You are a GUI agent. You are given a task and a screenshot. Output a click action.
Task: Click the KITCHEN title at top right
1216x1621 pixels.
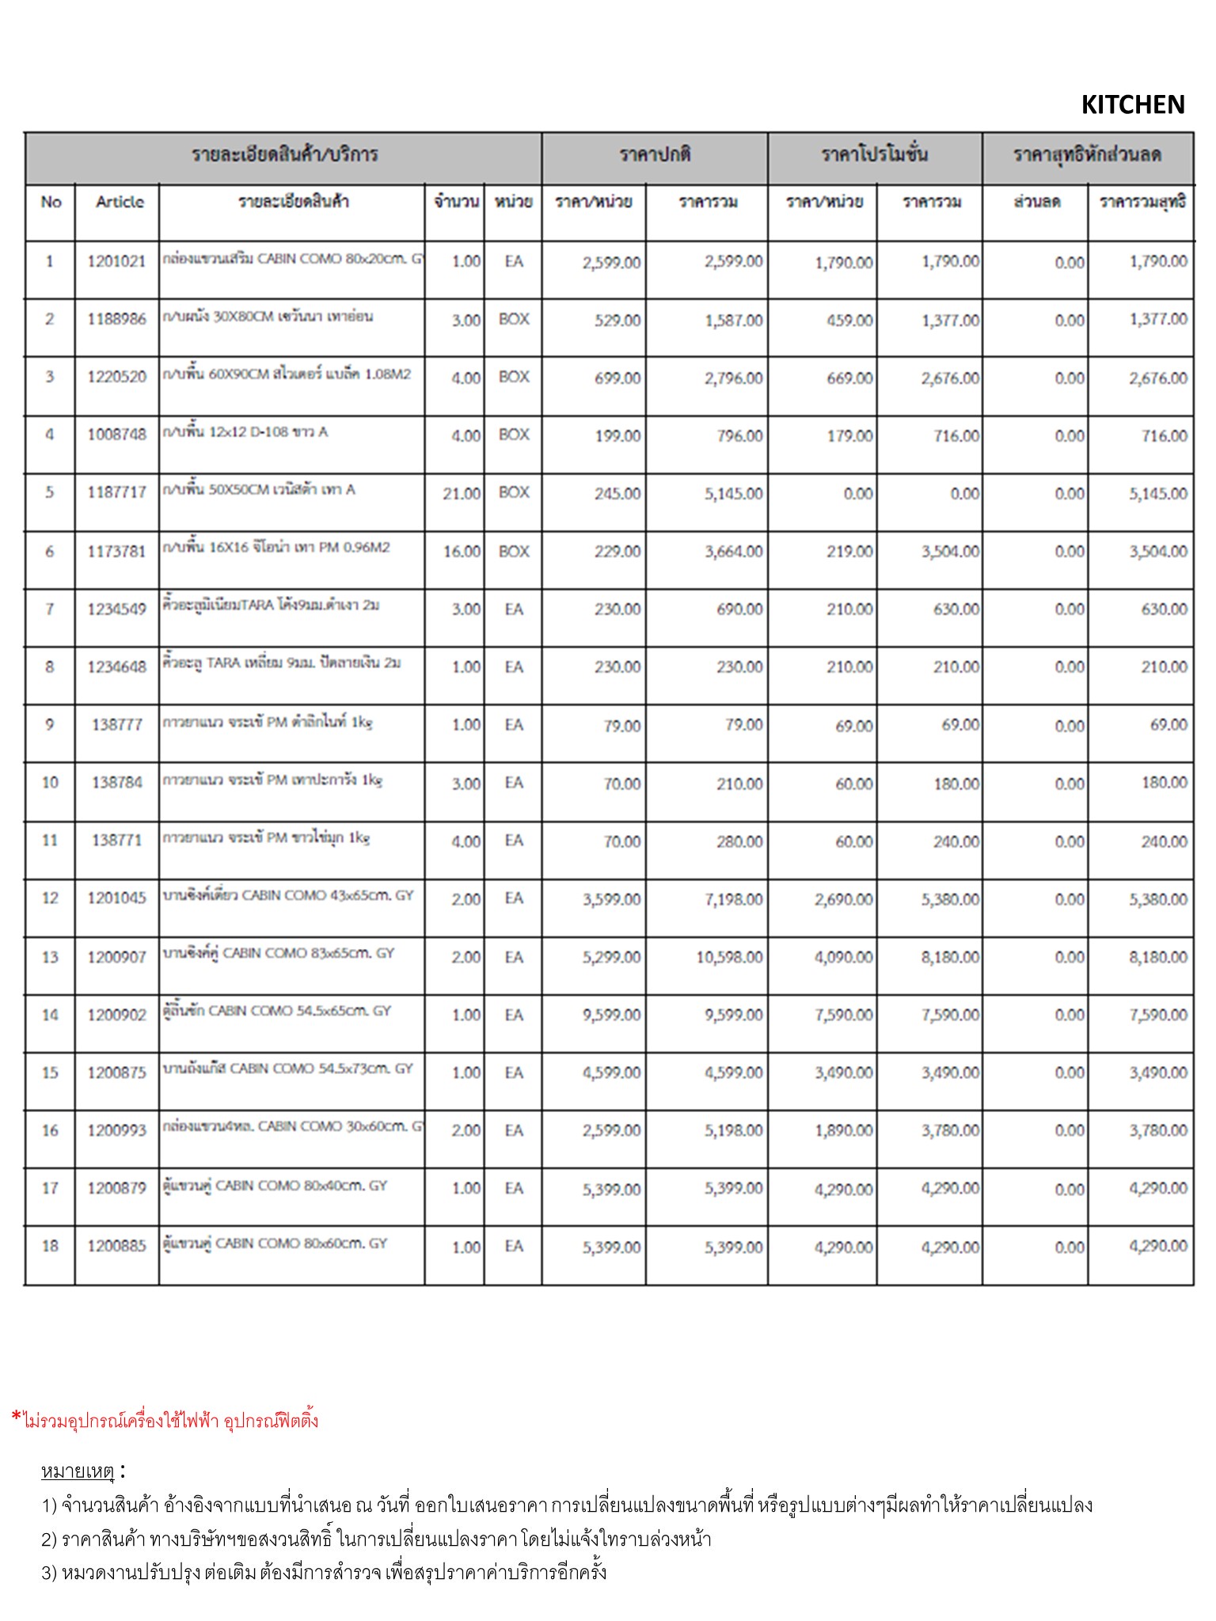[1132, 104]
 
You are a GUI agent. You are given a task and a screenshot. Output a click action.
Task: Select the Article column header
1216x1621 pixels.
[120, 202]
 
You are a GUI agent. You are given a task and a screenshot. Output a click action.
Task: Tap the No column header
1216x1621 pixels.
[51, 202]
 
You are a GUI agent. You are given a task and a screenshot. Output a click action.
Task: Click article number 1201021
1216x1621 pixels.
[116, 261]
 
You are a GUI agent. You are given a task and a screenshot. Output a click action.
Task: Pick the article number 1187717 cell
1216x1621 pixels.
[116, 492]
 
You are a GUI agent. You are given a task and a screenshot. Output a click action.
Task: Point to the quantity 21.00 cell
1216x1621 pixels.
[462, 494]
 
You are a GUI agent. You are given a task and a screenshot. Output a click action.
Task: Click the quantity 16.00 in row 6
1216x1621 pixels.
[462, 552]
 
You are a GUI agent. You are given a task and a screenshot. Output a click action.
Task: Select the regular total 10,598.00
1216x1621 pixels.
[729, 958]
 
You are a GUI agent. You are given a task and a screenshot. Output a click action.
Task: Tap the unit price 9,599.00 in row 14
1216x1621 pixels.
[611, 1015]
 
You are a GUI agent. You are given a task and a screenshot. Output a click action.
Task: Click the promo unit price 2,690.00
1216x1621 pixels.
[843, 900]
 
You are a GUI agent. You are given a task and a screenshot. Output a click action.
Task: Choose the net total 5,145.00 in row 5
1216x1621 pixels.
[1157, 494]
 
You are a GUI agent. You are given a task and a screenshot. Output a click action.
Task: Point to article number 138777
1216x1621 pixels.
[116, 725]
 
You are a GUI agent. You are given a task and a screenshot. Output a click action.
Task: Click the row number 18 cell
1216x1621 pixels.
[50, 1246]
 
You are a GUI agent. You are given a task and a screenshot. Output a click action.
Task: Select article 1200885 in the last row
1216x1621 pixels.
[116, 1246]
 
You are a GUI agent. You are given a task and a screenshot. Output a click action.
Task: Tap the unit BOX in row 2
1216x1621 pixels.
[514, 319]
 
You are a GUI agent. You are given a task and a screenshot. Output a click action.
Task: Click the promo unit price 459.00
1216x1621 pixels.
[849, 321]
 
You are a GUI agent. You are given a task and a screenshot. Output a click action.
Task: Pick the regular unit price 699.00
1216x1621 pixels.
[617, 378]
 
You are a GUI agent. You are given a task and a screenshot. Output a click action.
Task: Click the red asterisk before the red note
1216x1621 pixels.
[17, 1417]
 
